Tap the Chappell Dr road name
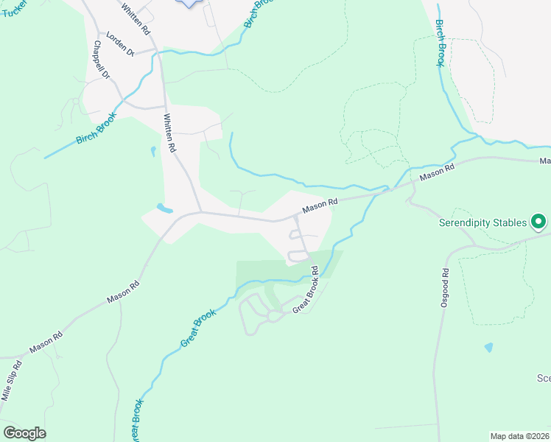101,60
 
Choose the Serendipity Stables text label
483,222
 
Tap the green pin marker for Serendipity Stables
539,220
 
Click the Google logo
24,433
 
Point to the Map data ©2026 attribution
520,436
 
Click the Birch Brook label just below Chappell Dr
96,127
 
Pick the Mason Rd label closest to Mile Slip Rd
46,343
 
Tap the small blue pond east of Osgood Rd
489,346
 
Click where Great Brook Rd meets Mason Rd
296,216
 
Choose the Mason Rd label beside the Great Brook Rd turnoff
320,204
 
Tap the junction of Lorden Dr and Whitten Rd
155,51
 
